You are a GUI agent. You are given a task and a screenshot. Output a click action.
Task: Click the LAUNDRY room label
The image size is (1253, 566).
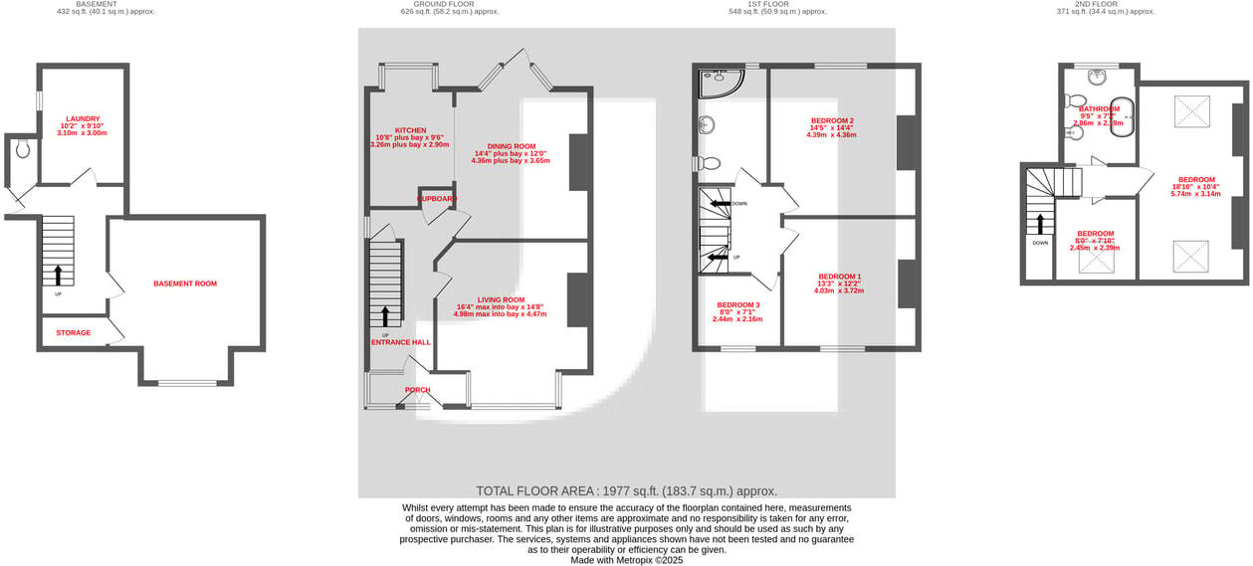84,118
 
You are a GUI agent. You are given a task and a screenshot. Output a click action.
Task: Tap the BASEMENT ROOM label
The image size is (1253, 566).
184,283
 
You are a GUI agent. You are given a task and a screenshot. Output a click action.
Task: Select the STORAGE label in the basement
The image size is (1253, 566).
73,332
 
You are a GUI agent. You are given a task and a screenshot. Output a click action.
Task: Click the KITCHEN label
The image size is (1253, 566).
410,130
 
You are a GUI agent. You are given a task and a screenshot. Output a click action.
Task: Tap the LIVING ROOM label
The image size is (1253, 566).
501,299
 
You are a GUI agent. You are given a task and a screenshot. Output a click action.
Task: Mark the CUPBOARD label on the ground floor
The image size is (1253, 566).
436,199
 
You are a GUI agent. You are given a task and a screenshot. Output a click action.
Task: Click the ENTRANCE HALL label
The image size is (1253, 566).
401,342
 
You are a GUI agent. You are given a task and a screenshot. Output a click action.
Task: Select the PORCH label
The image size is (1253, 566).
417,389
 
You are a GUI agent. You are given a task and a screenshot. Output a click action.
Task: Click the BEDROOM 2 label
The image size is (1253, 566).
832,120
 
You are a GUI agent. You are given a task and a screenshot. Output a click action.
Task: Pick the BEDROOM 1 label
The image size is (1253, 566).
839,276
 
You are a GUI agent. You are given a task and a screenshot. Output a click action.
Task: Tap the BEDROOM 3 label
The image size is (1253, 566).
737,304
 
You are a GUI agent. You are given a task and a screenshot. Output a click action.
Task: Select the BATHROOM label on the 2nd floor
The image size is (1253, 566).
1099,108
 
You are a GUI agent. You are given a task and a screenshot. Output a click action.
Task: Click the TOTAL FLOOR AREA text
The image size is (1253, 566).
626,490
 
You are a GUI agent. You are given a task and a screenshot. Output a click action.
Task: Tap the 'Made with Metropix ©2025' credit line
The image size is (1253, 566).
626,560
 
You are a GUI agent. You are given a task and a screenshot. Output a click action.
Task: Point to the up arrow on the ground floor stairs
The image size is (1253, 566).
385,316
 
